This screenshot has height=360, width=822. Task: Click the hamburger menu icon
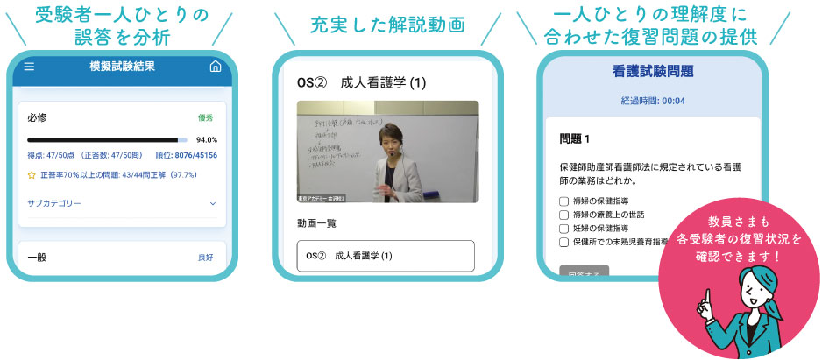point(30,67)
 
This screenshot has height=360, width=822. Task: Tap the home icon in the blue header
point(216,67)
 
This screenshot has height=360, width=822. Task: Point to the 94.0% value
point(207,139)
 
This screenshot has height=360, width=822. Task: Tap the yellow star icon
point(32,175)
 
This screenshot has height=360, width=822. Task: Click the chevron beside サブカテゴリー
point(211,203)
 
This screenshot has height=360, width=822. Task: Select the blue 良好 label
point(204,258)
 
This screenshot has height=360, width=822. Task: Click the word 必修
point(38,116)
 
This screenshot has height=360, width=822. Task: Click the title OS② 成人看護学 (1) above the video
point(361,83)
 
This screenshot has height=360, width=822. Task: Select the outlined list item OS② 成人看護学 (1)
point(386,256)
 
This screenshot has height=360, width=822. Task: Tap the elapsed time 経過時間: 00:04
point(653,101)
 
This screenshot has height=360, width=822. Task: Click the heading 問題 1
point(575,139)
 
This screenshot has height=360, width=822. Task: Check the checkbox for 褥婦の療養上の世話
point(564,215)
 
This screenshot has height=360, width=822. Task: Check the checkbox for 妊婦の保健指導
point(564,228)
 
